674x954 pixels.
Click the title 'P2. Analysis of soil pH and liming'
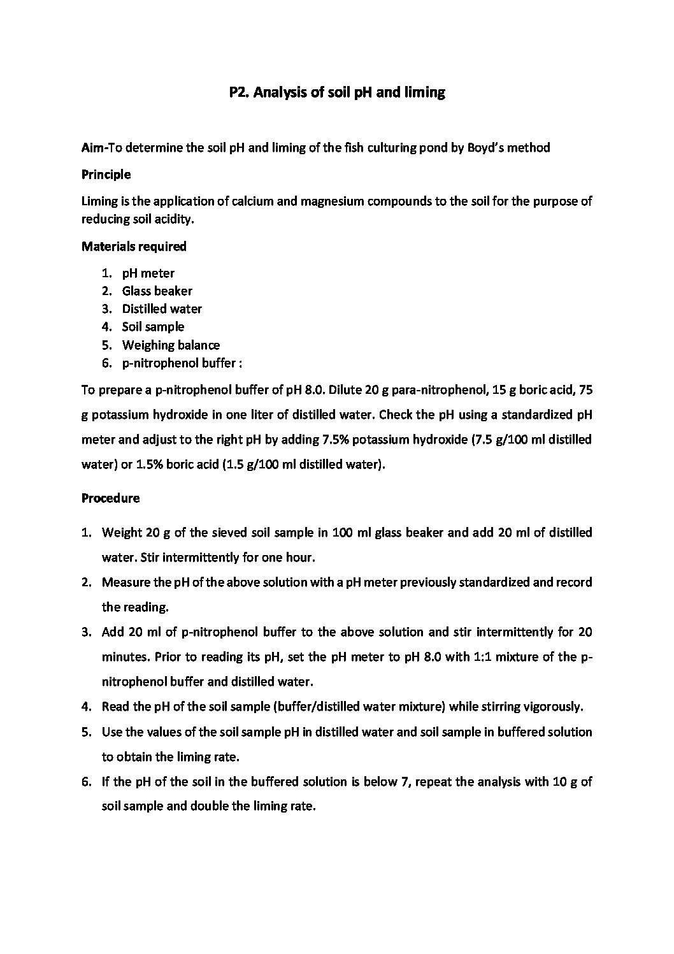336,92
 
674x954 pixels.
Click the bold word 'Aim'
92,148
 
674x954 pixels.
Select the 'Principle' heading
106,174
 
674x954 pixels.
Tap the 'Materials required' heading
134,246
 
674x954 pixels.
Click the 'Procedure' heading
110,498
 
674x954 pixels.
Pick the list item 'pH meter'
148,273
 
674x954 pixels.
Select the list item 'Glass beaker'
157,291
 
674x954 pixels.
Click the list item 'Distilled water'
162,309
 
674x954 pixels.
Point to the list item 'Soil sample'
153,327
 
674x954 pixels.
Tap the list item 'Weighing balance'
171,345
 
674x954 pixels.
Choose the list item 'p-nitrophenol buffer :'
182,363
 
